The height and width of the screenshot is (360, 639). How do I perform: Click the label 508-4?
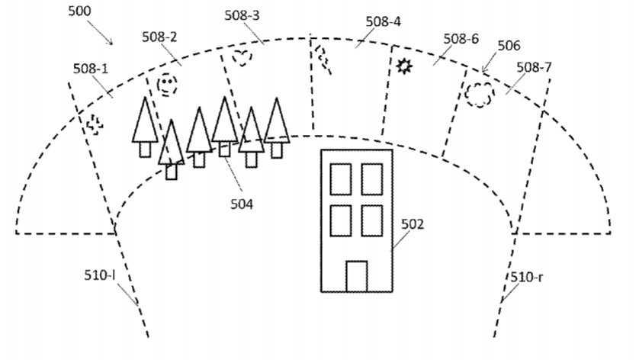[x=384, y=21]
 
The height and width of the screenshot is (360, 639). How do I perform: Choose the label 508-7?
[x=533, y=68]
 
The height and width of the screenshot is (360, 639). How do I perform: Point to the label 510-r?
[x=526, y=278]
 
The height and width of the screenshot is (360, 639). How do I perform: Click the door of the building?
[x=356, y=275]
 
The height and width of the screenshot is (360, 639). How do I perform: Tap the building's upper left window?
[x=341, y=179]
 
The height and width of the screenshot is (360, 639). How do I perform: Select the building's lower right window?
[x=371, y=220]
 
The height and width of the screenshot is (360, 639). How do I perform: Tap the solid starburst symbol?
[x=404, y=66]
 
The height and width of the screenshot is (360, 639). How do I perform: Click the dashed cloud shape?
[x=479, y=94]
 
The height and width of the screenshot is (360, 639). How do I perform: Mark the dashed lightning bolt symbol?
[x=323, y=57]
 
